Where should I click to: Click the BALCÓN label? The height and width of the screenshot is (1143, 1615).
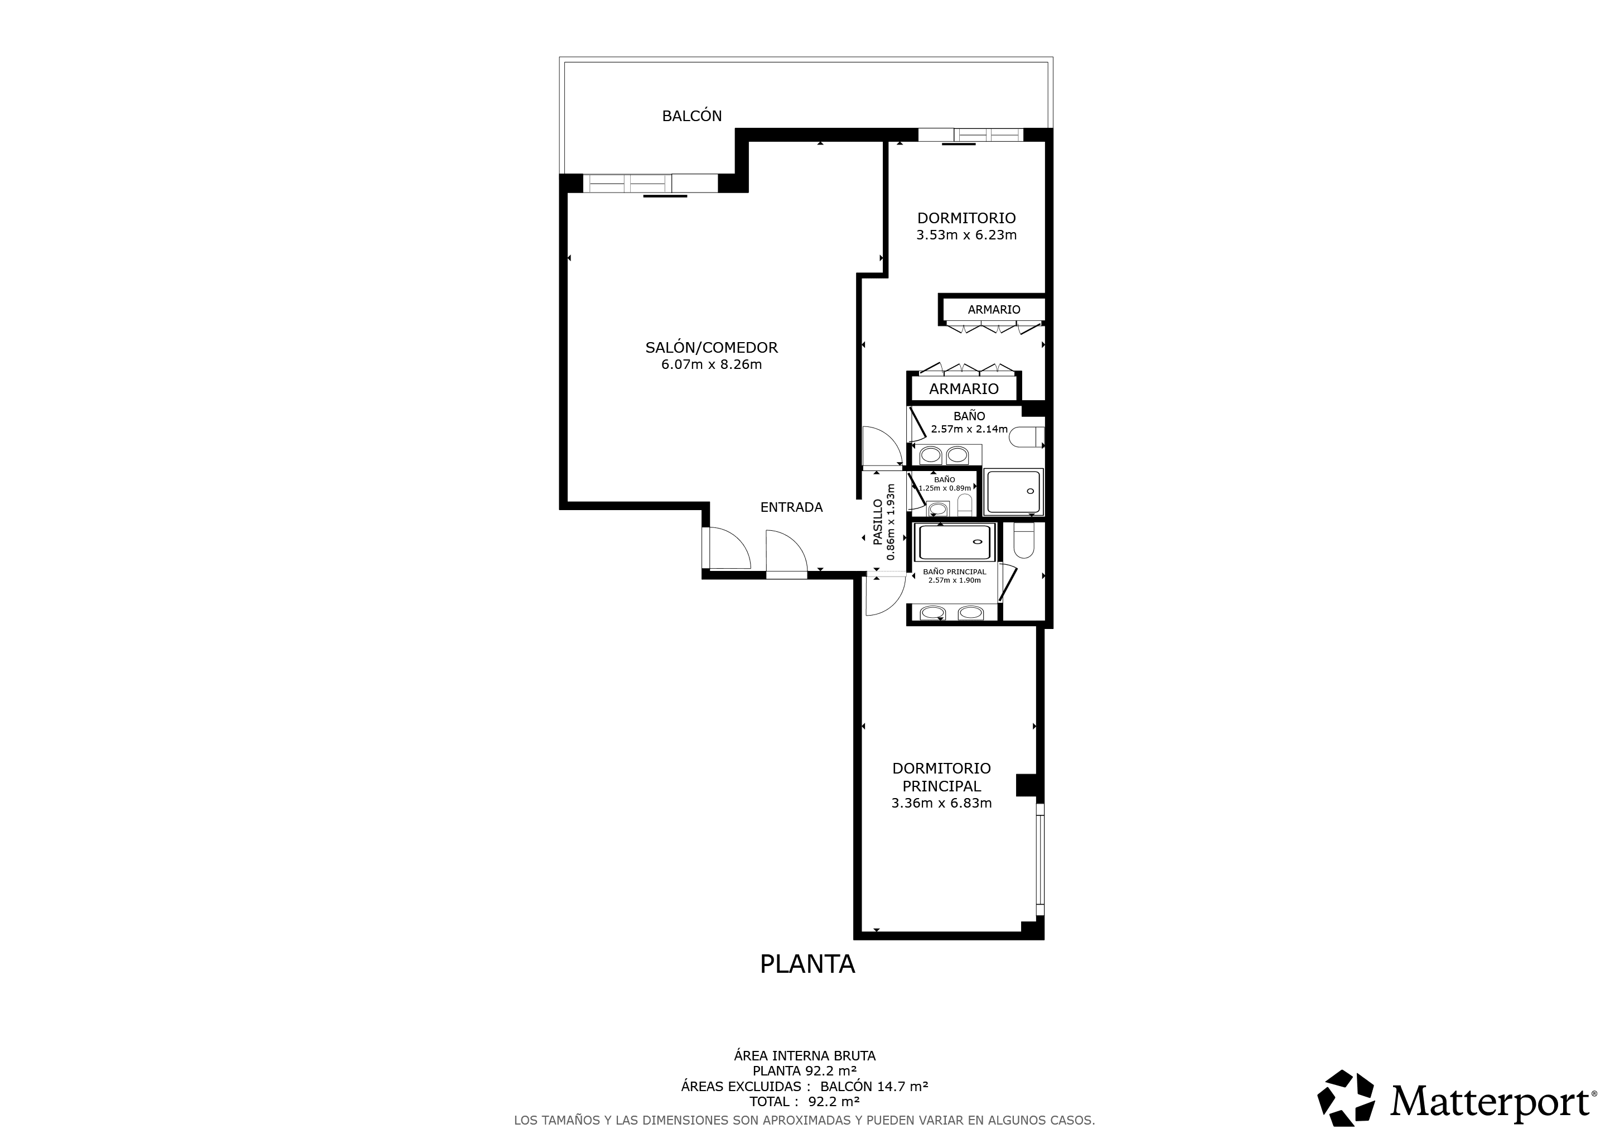pos(692,116)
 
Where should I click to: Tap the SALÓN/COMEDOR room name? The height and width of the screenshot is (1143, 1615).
pos(711,348)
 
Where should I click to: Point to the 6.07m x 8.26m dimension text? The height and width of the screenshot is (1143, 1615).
pos(711,364)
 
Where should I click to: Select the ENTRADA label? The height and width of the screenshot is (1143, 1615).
pos(791,507)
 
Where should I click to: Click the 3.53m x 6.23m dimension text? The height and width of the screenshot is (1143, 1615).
pos(966,235)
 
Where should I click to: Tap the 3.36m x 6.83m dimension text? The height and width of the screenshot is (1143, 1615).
pos(941,803)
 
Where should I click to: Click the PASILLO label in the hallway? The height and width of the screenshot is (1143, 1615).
pos(878,522)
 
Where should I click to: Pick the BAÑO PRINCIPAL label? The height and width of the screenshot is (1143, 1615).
pos(955,572)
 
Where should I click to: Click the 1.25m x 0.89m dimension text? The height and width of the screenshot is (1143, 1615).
pos(945,488)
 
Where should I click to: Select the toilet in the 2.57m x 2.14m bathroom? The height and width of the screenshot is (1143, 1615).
pos(1027,438)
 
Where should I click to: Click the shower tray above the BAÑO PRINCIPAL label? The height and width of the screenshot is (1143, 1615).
pos(955,542)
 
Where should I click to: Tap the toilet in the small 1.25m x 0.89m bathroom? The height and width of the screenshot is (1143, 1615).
pos(965,505)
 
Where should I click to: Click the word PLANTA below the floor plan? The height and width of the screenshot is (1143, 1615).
pos(807,963)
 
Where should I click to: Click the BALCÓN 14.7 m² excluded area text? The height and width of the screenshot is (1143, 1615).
pos(874,1086)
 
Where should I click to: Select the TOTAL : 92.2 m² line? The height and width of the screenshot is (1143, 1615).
pos(805,1102)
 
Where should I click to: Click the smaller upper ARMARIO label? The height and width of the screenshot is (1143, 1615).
pos(994,310)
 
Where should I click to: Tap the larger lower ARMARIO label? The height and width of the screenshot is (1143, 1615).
pos(964,389)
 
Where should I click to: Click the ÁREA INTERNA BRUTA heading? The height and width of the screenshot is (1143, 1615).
pos(805,1056)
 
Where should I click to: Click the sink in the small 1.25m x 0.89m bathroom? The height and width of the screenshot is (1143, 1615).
pos(937,508)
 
